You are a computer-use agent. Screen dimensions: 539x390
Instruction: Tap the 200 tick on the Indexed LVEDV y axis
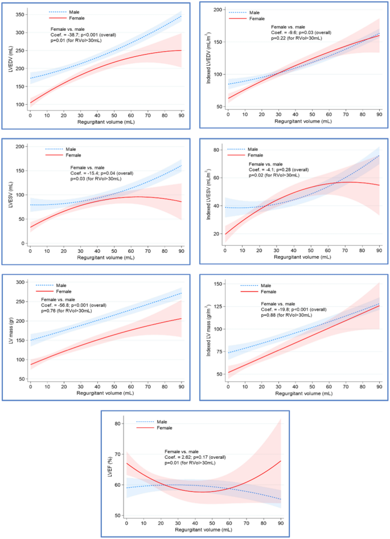coord(219,10)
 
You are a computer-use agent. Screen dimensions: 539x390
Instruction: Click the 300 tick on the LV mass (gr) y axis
coord(20,282)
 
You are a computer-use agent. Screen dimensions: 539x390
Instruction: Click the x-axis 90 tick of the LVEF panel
coord(281,522)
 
